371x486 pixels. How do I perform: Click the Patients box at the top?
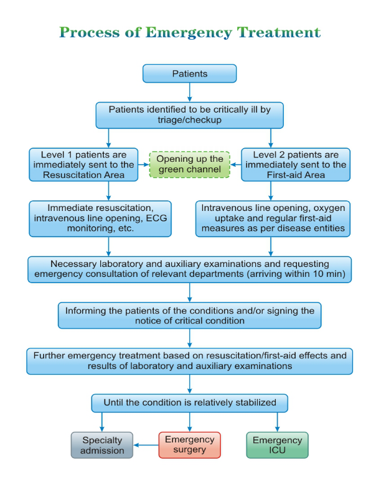(x=189, y=73)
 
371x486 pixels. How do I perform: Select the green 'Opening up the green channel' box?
(x=189, y=164)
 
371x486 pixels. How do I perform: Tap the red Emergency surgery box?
(x=189, y=445)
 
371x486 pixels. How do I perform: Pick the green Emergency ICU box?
(x=277, y=445)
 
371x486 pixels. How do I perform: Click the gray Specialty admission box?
(x=102, y=445)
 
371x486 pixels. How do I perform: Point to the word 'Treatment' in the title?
(x=279, y=32)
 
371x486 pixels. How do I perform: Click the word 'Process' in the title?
(x=89, y=33)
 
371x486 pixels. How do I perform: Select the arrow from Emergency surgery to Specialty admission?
(x=146, y=445)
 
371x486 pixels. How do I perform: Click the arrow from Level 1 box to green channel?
(x=144, y=164)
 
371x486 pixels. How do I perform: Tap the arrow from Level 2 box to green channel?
(x=236, y=164)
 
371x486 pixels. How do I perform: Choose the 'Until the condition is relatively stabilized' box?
(x=189, y=403)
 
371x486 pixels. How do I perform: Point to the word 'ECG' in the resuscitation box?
(x=156, y=218)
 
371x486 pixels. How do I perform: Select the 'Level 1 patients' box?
(x=83, y=164)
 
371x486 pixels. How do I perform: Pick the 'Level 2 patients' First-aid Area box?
(x=296, y=164)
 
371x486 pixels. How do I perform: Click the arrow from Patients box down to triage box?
(x=189, y=92)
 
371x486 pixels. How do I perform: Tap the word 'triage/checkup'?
(x=189, y=120)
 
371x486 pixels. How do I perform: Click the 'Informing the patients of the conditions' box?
(x=189, y=315)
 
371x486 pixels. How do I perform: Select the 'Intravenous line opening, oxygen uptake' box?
(x=273, y=218)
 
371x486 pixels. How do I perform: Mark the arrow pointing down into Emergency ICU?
(x=277, y=422)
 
